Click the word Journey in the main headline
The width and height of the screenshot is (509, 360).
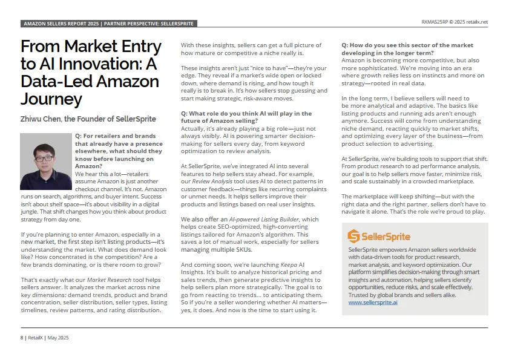pyautogui.click(x=51, y=99)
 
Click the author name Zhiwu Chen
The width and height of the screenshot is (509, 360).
pyautogui.click(x=45, y=119)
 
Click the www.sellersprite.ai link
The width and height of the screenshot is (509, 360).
pyautogui.click(x=373, y=301)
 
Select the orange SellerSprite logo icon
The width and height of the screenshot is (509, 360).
pyautogui.click(x=354, y=236)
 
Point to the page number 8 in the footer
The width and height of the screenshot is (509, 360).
pyautogui.click(x=22, y=337)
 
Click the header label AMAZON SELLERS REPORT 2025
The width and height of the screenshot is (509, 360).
pyautogui.click(x=61, y=24)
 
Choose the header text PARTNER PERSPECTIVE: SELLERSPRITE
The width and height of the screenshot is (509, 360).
pyautogui.click(x=149, y=24)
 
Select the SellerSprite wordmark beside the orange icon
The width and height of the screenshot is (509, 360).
pyautogui.click(x=387, y=237)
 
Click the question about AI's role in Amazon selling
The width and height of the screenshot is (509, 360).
pyautogui.click(x=246, y=116)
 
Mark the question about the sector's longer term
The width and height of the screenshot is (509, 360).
pyautogui.click(x=407, y=49)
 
